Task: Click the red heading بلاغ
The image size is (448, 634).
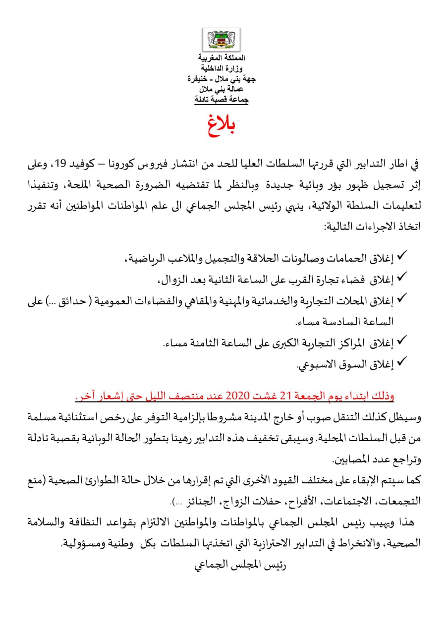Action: (221, 126)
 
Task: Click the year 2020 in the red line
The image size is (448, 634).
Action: (240, 397)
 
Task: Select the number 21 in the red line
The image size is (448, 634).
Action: (286, 397)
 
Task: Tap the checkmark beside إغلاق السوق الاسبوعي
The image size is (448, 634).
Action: (402, 363)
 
